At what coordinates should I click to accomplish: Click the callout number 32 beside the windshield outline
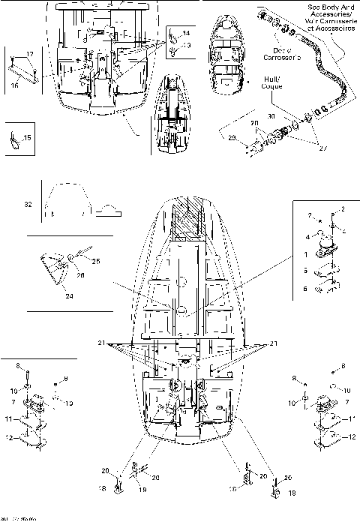click(28, 203)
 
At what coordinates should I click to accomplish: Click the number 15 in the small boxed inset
click(28, 138)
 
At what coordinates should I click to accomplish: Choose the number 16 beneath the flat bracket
click(15, 86)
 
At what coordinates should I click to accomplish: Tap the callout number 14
click(187, 34)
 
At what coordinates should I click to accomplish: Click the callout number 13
click(187, 46)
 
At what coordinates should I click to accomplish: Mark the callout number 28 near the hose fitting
click(232, 137)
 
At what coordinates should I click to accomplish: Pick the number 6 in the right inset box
click(305, 289)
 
